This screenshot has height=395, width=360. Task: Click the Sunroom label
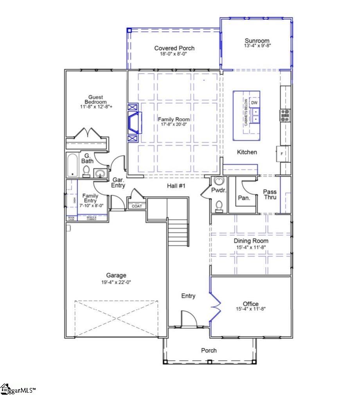(257, 41)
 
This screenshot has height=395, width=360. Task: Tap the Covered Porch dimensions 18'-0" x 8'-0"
(174, 54)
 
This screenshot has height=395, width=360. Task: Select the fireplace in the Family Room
(133, 123)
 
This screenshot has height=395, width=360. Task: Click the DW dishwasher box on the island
(254, 103)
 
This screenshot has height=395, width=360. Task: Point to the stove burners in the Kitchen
(284, 114)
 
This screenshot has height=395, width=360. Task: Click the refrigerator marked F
(282, 154)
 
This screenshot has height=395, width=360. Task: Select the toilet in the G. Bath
(86, 171)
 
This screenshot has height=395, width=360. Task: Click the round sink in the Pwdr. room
(219, 181)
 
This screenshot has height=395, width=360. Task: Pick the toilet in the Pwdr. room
(220, 206)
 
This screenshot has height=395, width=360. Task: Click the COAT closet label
(137, 206)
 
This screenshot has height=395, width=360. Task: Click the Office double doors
(214, 305)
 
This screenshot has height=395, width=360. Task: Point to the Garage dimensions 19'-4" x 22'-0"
(117, 282)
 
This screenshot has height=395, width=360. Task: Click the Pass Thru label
(270, 194)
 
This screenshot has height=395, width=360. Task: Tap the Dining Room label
(251, 241)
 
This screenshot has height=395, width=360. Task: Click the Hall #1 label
(176, 187)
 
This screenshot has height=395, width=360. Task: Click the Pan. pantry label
(244, 198)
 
